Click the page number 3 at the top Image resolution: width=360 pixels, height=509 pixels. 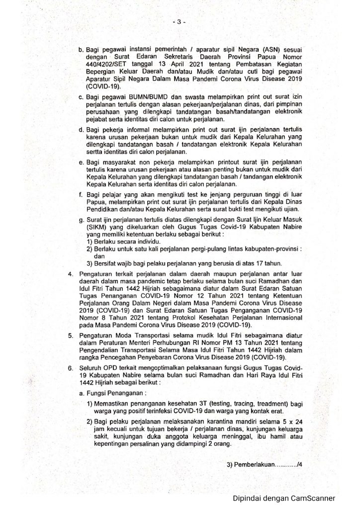click(180, 22)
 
